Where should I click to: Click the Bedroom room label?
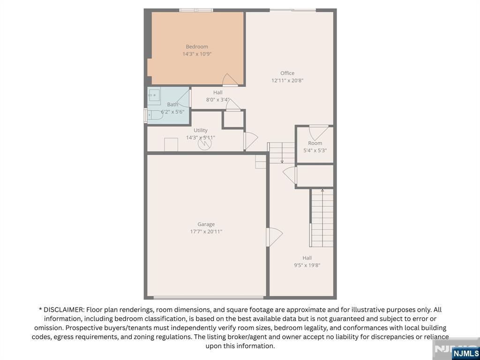click(197, 46)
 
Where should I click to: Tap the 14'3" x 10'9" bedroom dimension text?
click(197, 54)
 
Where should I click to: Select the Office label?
click(287, 73)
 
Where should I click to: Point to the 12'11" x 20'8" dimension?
click(287, 81)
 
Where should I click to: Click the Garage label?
click(206, 224)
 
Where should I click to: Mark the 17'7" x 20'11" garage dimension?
click(206, 232)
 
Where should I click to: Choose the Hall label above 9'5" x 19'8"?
click(307, 258)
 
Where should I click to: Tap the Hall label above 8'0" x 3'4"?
click(217, 92)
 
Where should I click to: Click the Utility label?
click(201, 130)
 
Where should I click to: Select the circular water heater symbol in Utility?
click(204, 143)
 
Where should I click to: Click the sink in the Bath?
click(154, 95)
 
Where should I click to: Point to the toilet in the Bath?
click(154, 115)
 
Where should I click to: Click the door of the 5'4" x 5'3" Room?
click(318, 131)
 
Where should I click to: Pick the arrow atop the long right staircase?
click(322, 190)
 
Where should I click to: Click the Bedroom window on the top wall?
click(196, 10)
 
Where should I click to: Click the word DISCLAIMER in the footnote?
click(63, 310)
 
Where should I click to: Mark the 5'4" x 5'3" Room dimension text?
click(315, 150)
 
